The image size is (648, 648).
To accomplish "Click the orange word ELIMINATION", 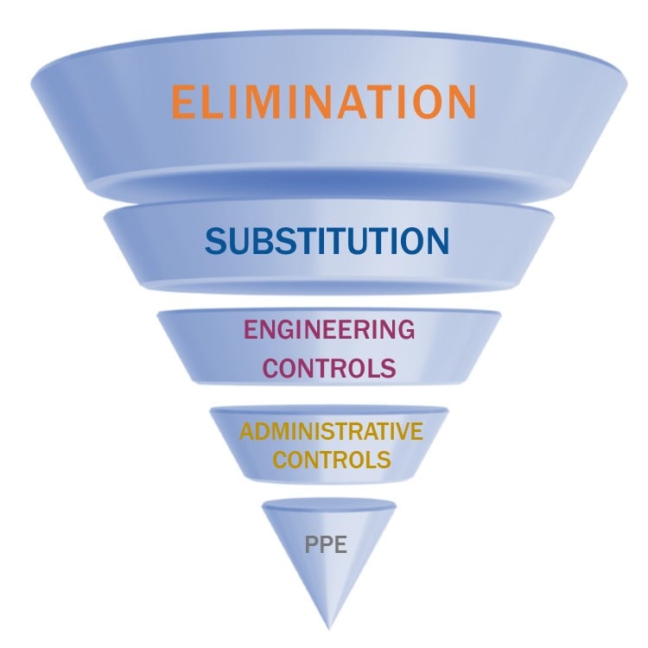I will click(x=324, y=102).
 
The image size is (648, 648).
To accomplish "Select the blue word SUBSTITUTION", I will click(x=327, y=241).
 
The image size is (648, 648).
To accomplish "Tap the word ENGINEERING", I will click(x=329, y=329).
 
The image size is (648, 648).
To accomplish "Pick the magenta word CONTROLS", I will click(x=329, y=368).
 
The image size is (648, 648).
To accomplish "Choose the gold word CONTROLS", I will click(x=331, y=460).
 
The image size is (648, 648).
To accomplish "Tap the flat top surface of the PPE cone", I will click(x=328, y=504).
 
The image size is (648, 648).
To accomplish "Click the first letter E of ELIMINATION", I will click(x=183, y=102).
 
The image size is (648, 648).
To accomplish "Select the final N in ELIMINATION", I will click(x=460, y=102).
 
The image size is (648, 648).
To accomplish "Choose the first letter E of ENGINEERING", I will click(x=251, y=329).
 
